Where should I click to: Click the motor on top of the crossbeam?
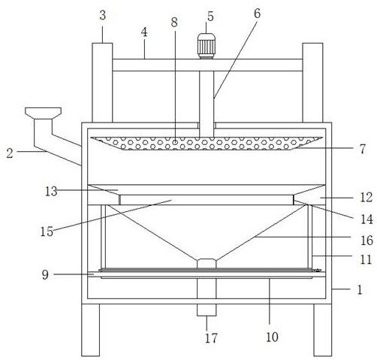coord(207,46)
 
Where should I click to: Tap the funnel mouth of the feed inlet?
coord(43,113)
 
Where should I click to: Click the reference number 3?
coord(103,16)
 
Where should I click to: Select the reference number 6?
coord(257,14)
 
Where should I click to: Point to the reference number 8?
coord(174,23)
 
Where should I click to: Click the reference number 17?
coord(211,338)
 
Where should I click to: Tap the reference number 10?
coord(272,337)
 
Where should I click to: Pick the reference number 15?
coord(47,231)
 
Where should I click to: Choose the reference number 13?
coord(51,192)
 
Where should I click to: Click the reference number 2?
coord(10,153)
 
